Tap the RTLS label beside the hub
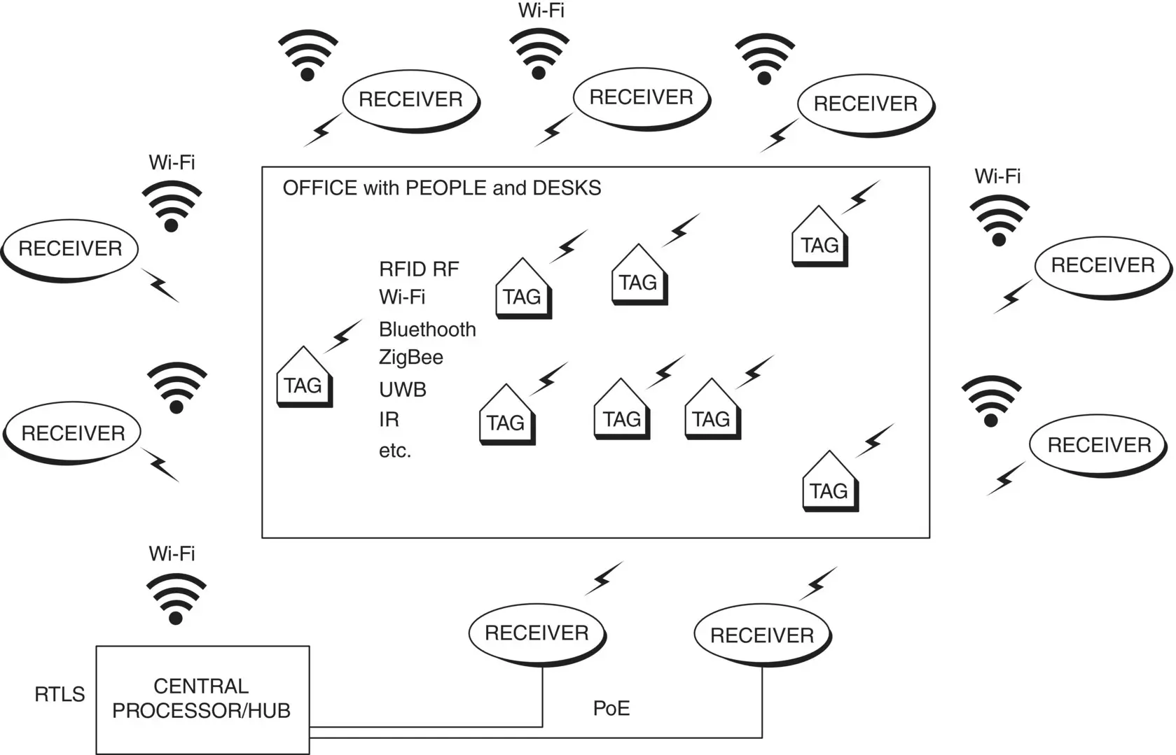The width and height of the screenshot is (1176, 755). coord(60,694)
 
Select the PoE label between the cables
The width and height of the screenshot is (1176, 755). coord(611,708)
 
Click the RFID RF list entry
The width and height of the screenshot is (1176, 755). coord(419,269)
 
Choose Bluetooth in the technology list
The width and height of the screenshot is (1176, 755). coord(427,330)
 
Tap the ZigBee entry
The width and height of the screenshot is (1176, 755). coord(411,358)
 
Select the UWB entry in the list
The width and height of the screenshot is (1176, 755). coord(403,389)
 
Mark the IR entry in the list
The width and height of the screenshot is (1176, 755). coord(389,420)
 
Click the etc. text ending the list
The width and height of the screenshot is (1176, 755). coord(395,451)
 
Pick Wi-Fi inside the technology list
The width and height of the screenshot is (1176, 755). coord(402,297)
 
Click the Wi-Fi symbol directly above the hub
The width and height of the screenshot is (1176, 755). coord(177,599)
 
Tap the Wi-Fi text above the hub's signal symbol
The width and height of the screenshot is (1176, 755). coord(172,553)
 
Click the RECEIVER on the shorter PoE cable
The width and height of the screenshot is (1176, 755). coord(537,633)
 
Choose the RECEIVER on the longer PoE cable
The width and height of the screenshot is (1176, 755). coord(762,635)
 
